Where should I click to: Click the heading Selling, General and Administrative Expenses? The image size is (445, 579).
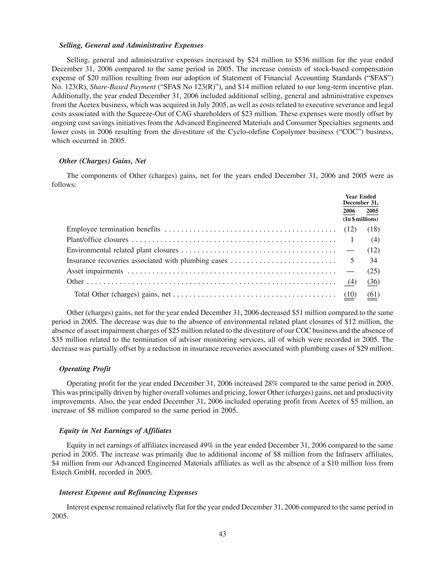(131, 46)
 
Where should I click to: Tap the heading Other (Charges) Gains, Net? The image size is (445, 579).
(102, 161)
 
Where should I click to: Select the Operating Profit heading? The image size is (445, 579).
(85, 369)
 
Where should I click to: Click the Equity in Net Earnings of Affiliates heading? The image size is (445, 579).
(115, 431)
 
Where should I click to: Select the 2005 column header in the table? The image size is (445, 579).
(372, 211)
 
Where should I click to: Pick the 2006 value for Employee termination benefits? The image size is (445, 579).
(350, 229)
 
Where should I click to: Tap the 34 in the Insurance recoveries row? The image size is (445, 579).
(373, 261)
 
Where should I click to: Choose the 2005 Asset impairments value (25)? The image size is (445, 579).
(373, 271)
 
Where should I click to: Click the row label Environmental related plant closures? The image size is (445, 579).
(122, 250)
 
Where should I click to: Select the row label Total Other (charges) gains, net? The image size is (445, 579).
(122, 294)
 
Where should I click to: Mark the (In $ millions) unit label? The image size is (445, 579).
(360, 219)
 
